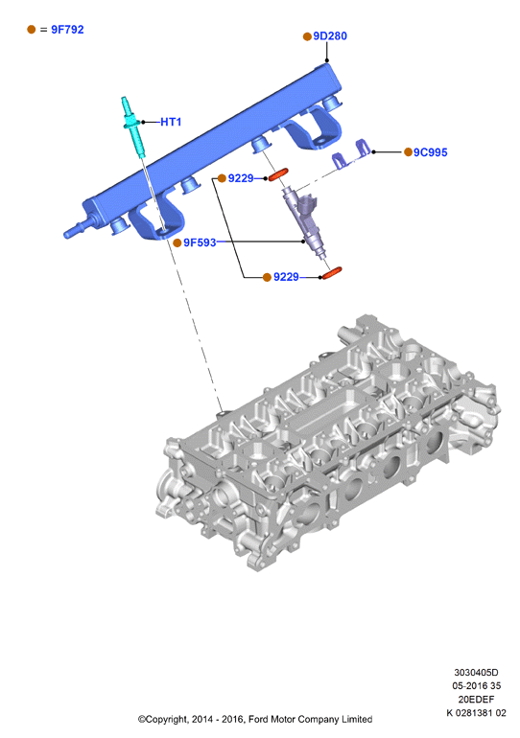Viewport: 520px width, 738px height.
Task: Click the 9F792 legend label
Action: coord(67,30)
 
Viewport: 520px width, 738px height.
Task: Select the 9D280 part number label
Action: coord(330,36)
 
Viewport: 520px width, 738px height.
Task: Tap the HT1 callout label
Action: coord(171,122)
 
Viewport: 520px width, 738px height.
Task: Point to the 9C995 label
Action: coord(431,152)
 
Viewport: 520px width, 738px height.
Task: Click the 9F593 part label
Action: coord(200,242)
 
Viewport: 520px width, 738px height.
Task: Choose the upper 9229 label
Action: coord(241,178)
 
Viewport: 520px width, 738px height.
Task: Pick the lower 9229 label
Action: coord(286,277)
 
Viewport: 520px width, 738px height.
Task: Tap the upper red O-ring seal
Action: coord(278,174)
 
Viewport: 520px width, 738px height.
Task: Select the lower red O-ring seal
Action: coord(331,273)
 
